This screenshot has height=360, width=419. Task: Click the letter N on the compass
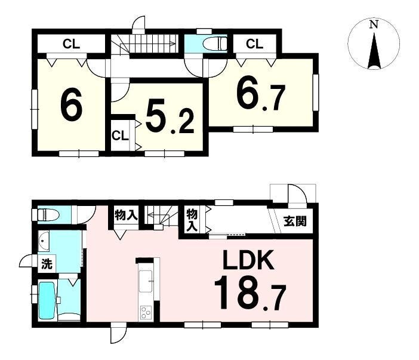click(374, 24)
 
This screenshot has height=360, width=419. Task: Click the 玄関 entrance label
click(295, 221)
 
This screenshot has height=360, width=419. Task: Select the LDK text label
click(248, 260)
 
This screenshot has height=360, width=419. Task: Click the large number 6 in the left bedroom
click(71, 104)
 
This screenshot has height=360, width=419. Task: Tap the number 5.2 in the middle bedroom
click(170, 118)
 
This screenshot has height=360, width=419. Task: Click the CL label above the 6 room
click(72, 44)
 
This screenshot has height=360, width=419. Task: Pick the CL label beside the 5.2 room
click(120, 136)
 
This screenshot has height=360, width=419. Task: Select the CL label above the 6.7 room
click(255, 44)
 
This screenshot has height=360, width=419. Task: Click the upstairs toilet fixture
click(215, 44)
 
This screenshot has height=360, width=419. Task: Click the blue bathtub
click(47, 299)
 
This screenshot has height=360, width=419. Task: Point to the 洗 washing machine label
click(47, 264)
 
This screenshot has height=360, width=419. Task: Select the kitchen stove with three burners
click(146, 313)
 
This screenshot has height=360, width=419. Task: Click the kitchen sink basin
click(146, 281)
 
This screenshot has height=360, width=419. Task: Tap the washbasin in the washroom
click(44, 241)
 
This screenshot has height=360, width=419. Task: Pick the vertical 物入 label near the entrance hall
click(192, 220)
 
